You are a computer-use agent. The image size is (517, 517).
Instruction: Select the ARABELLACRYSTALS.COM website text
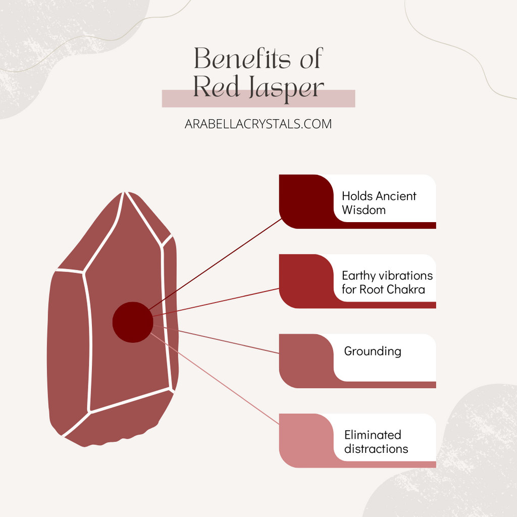258,124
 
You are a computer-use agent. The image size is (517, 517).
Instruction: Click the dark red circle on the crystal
132,322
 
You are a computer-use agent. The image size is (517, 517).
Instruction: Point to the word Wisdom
364,210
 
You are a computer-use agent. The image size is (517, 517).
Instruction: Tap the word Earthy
359,276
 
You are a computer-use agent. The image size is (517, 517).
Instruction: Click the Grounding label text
373,351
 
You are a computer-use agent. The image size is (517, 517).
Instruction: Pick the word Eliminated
373,435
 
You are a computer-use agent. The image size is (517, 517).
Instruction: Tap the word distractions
376,448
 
